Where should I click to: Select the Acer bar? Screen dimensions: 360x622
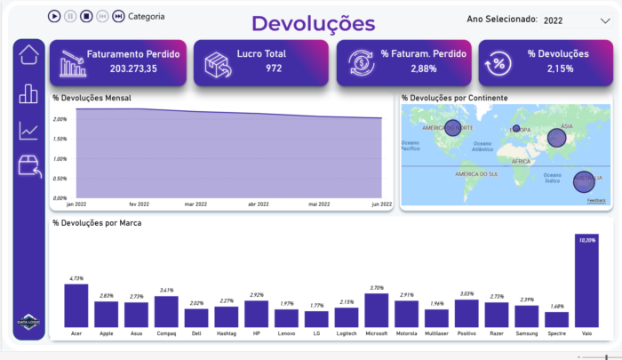coord(76,306)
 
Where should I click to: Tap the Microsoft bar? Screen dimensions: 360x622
coord(377,310)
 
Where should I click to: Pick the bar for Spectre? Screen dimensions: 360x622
coord(557,319)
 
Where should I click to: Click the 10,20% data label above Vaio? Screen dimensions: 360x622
coord(587,240)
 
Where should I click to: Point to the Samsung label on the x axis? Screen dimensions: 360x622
coord(527,335)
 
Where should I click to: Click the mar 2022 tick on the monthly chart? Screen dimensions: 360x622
coord(195,204)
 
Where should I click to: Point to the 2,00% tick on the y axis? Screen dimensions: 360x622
coord(60,119)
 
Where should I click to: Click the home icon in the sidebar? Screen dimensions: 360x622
coord(29,54)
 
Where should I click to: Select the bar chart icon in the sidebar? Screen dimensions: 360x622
coord(29,93)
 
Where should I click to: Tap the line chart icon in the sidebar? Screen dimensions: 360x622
coord(29,131)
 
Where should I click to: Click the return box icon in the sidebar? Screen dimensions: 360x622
coord(30,166)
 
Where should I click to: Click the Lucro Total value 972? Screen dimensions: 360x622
coord(274,68)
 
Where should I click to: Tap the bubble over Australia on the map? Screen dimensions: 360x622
coord(583,180)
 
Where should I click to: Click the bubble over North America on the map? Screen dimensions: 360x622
coord(452,128)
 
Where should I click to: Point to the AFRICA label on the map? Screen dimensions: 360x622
coord(522,161)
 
